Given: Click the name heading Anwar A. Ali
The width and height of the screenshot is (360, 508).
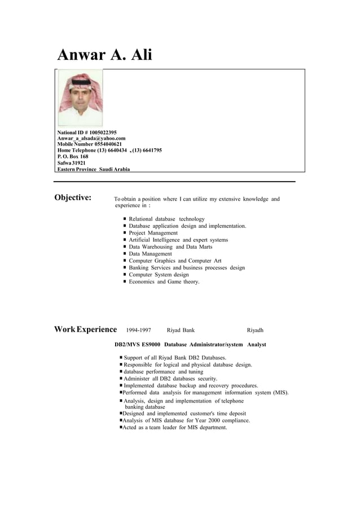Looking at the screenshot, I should (x=105, y=55).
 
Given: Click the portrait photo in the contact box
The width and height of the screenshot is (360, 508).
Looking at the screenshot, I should (x=81, y=98).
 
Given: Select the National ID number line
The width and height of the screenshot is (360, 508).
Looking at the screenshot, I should (x=87, y=132).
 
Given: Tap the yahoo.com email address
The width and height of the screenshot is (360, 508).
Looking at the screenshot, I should (x=91, y=138).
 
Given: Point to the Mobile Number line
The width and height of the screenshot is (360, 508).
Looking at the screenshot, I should (x=89, y=144).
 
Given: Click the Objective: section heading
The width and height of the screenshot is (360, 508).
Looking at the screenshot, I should (x=73, y=198).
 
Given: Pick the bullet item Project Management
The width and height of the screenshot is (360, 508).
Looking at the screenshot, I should (x=153, y=233).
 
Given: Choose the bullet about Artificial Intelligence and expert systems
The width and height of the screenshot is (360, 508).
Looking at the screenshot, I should (x=178, y=240).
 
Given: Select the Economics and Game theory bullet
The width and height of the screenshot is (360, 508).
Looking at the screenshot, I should (x=164, y=281).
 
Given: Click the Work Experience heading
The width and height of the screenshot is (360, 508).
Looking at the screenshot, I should (x=85, y=329).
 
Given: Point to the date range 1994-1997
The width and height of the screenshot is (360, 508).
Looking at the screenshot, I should (x=138, y=330).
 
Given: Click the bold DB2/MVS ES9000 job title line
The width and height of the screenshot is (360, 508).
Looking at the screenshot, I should (x=190, y=344).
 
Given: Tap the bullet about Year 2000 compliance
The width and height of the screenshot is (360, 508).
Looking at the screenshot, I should (x=186, y=420).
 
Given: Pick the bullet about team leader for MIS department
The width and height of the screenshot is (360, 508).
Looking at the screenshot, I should (x=175, y=427).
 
